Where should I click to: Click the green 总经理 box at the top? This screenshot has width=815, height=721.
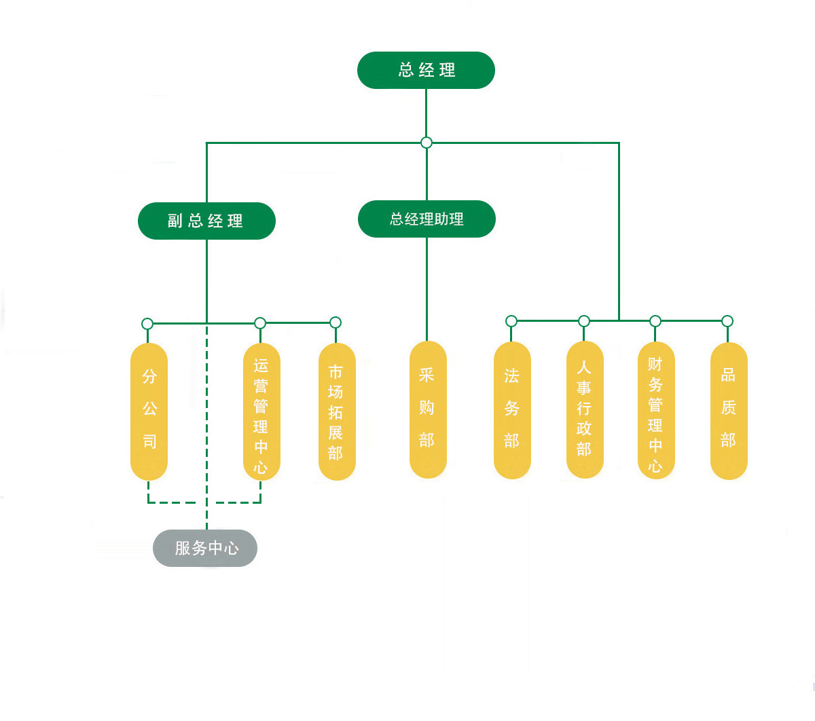(x=426, y=70)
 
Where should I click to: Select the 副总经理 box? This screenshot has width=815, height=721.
(x=206, y=221)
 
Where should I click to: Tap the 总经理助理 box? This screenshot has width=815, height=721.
(x=427, y=219)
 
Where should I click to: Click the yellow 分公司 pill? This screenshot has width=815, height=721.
(x=149, y=411)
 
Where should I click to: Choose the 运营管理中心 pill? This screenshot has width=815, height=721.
(x=261, y=411)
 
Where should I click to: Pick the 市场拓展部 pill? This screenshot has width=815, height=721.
(x=337, y=411)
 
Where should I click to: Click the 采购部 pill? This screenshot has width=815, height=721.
(x=428, y=409)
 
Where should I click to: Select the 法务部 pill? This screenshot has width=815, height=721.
(x=512, y=409)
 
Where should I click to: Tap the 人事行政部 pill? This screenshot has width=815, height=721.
(x=585, y=409)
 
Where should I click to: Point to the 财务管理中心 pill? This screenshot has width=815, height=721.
(x=656, y=409)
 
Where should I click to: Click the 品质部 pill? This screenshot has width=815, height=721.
(x=729, y=410)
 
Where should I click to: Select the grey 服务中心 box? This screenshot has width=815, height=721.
(x=205, y=548)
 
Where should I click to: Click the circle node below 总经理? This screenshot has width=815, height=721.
(x=427, y=143)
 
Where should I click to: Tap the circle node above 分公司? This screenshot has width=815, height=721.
(x=147, y=323)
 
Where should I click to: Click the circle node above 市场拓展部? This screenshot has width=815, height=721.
(x=335, y=322)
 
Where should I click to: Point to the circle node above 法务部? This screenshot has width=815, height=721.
(x=511, y=321)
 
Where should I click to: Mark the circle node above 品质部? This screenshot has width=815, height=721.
(x=727, y=321)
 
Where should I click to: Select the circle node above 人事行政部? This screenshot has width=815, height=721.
(x=584, y=321)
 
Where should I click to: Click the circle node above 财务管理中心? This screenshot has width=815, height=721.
(x=655, y=321)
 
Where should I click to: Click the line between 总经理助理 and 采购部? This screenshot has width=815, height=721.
(x=427, y=289)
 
